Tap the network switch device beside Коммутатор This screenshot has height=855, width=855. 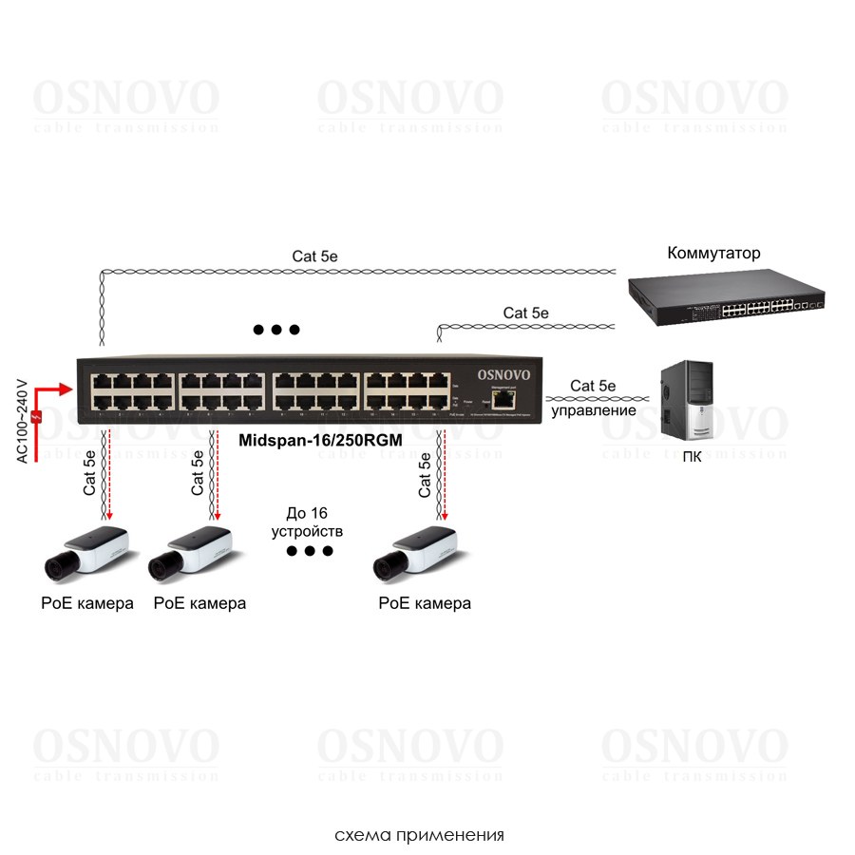(726, 298)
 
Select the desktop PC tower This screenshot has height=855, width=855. (691, 398)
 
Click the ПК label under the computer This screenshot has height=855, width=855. (692, 455)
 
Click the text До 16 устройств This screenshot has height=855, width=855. (307, 522)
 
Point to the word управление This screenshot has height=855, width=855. (595, 410)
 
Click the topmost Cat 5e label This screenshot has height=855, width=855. (315, 256)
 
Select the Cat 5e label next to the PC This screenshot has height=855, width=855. (594, 386)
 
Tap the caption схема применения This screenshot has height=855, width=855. (419, 836)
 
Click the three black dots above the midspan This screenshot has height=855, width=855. (276, 330)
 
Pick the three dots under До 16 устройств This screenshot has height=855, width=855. (310, 551)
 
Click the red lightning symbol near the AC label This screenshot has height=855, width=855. (36, 416)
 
